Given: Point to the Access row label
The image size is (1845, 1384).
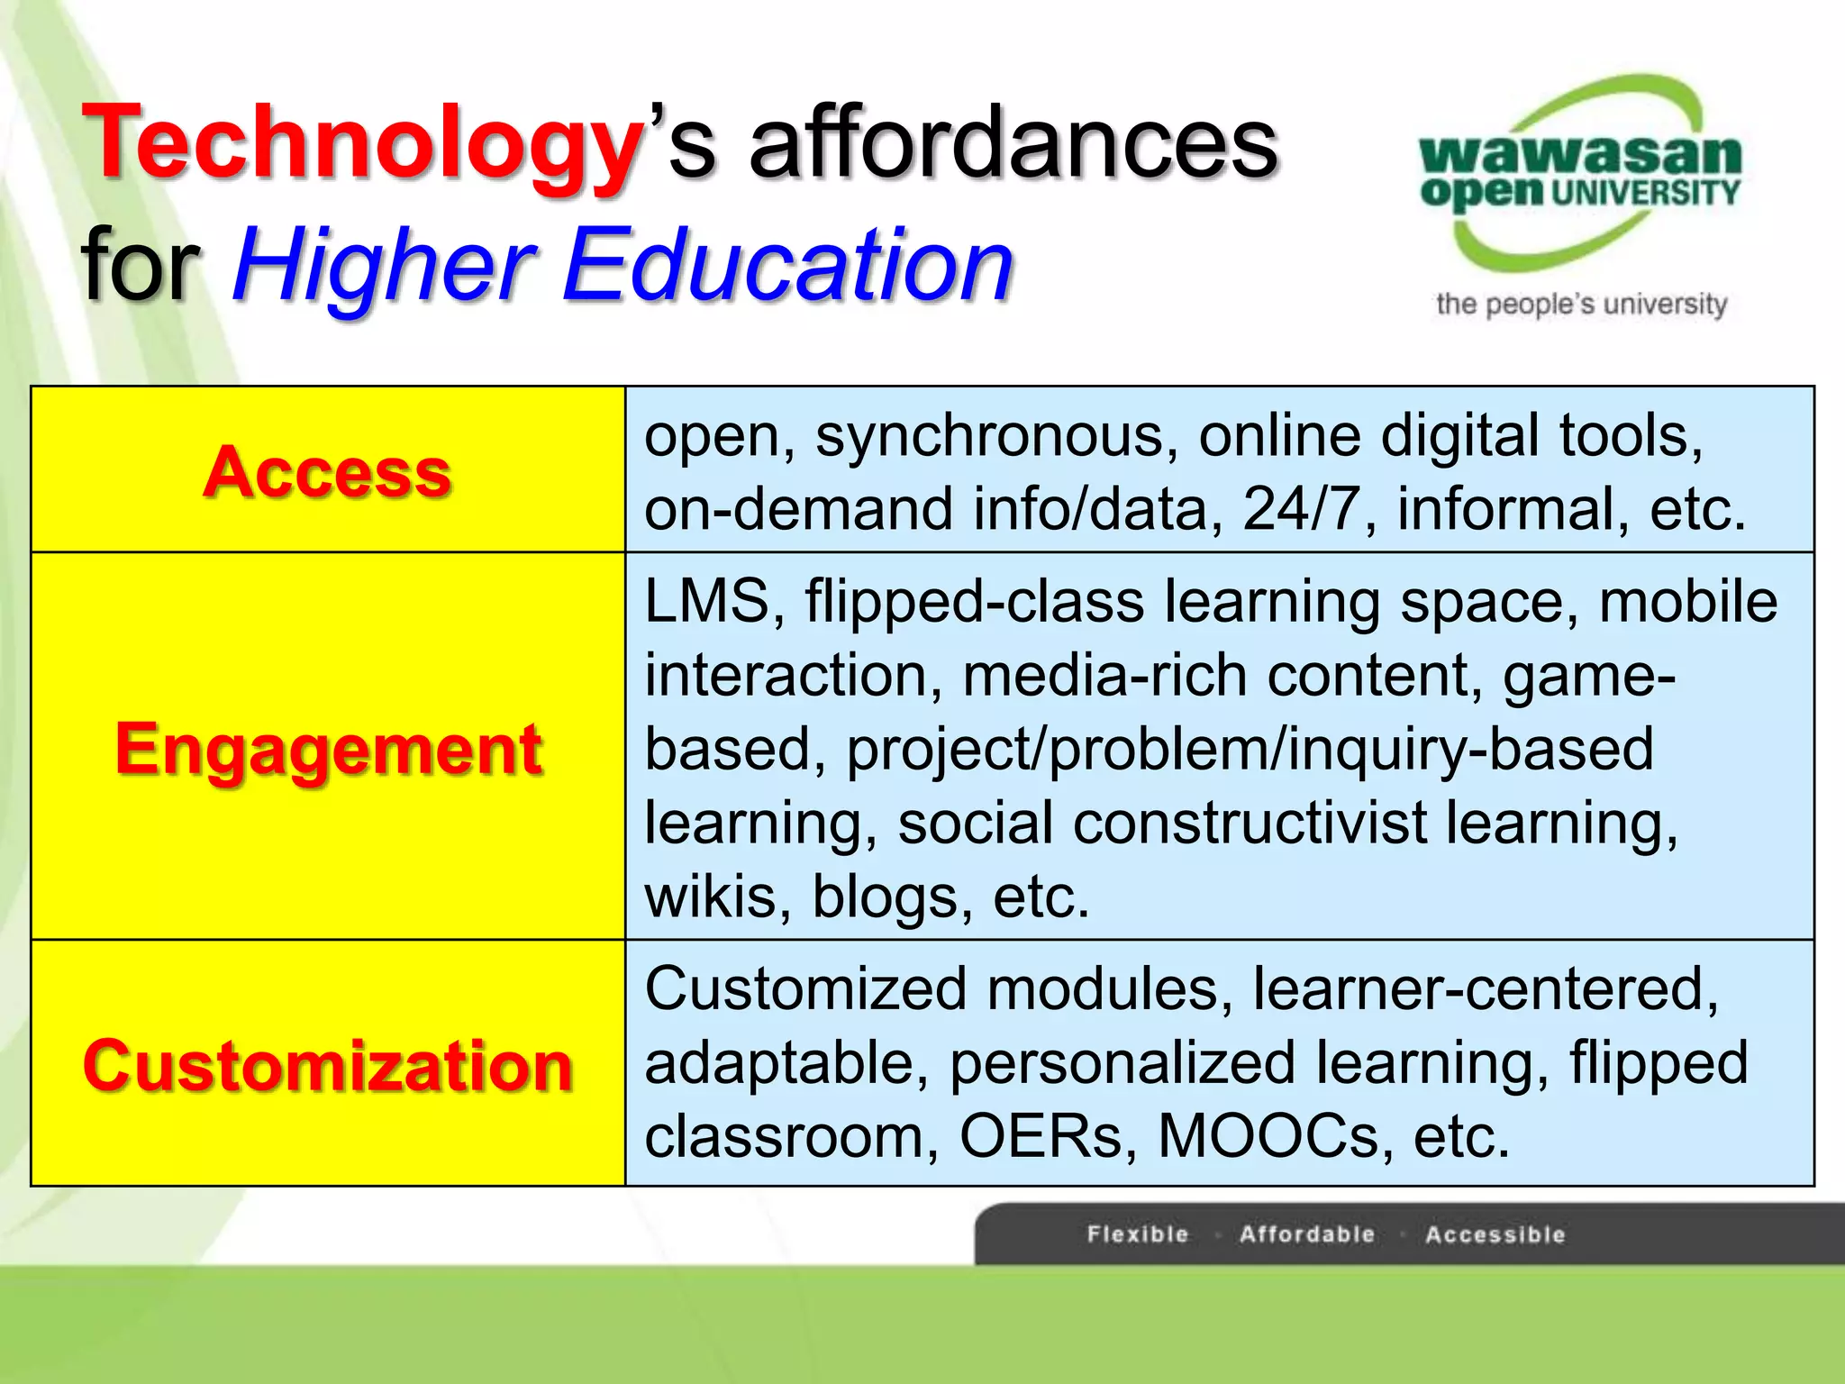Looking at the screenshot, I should click(327, 471).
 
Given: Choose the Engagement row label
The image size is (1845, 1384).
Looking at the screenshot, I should click(328, 749).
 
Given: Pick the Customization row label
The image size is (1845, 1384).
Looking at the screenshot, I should click(328, 1065).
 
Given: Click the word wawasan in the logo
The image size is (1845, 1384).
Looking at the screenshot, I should click(1580, 154).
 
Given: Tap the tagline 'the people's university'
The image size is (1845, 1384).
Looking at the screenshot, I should click(1581, 305).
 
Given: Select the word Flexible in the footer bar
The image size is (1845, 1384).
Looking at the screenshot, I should click(1138, 1234).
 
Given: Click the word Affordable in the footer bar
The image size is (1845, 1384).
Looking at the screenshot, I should click(1307, 1234).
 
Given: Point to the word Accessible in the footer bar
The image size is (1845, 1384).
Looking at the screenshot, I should click(1495, 1234).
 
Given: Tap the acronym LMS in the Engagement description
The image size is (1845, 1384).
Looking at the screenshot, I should click(706, 601).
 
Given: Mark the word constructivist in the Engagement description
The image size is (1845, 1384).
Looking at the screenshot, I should click(1250, 823).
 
